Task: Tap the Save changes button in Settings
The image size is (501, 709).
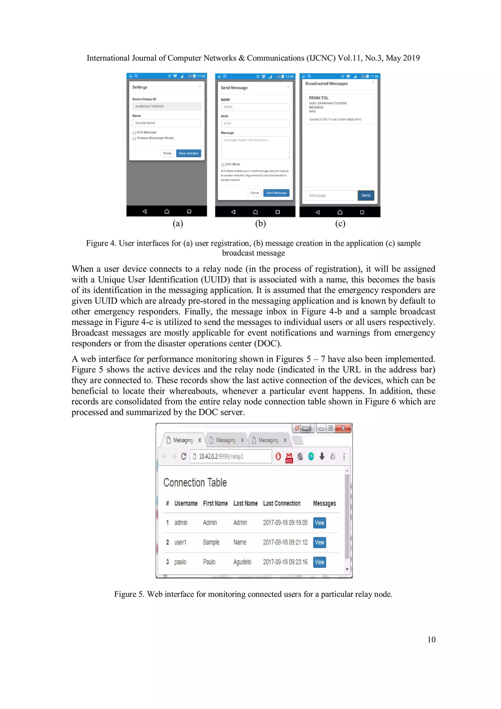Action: [188, 153]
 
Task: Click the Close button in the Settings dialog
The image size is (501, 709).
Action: [167, 153]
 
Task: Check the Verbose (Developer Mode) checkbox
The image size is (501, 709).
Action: [134, 138]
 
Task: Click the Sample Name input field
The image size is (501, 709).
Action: [166, 123]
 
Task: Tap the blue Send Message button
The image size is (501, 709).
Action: [276, 193]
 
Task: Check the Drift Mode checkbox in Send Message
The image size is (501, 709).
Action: [223, 165]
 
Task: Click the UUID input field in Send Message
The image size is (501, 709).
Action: [255, 124]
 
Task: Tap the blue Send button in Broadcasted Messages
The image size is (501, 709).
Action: [365, 195]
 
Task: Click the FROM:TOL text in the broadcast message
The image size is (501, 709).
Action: [319, 98]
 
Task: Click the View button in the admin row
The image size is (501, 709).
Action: [319, 523]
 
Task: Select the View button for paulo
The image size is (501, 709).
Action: [319, 562]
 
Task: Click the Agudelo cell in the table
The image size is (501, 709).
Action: [242, 562]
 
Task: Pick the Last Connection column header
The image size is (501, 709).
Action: [282, 503]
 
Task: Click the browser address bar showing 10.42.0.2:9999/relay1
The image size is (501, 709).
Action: [231, 456]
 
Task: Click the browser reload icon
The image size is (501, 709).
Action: [184, 456]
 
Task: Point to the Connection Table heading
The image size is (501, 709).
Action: [195, 483]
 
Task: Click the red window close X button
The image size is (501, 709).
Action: [343, 428]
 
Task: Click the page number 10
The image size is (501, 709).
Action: [431, 639]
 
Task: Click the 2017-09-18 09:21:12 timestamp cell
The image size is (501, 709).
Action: [285, 542]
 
